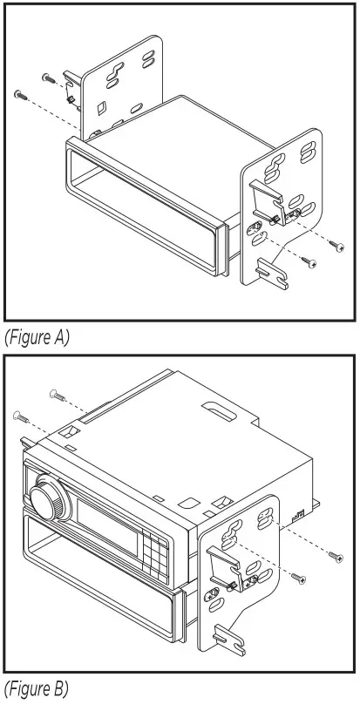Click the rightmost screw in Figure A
pos(337,247)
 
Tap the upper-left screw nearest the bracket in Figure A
pos(46,78)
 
